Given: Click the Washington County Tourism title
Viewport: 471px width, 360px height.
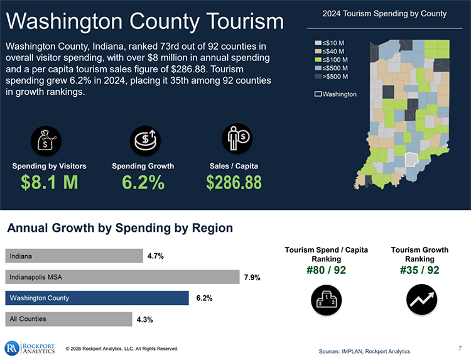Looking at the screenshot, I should tap(145, 22).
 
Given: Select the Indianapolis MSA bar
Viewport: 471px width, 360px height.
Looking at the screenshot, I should tap(122, 276).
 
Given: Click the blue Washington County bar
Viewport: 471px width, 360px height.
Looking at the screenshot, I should tap(97, 298).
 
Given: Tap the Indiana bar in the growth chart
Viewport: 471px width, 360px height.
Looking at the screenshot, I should tap(74, 256).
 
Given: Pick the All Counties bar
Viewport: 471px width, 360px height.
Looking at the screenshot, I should tap(69, 319).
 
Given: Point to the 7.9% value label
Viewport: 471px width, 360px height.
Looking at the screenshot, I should tap(252, 277).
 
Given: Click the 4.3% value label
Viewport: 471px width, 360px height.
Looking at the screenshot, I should tap(144, 319).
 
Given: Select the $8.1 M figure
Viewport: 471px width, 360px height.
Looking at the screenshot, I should tap(49, 182).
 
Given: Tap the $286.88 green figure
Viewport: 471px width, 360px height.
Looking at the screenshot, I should tap(234, 182).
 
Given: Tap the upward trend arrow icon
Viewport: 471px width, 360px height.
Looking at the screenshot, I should tap(419, 299).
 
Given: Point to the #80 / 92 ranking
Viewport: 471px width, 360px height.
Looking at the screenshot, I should tap(327, 271).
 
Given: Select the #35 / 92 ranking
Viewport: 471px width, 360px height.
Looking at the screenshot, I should tap(419, 271).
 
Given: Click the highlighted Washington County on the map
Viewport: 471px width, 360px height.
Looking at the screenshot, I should tap(411, 159).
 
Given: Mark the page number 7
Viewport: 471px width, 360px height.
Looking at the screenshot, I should tap(460, 347).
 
